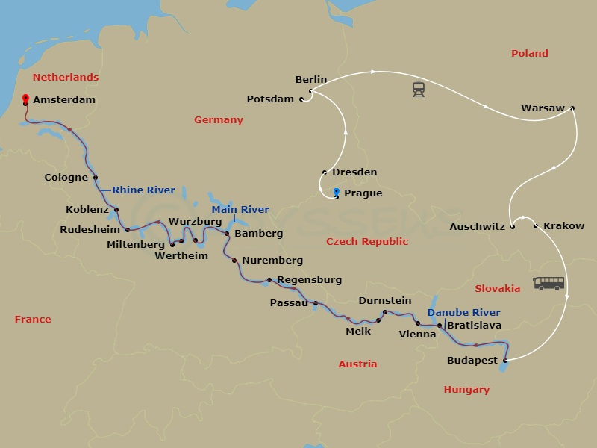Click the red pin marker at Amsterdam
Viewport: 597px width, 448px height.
[25, 99]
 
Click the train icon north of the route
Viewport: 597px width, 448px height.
[419, 90]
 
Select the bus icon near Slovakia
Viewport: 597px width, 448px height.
[548, 283]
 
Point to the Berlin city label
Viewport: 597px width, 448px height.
[311, 79]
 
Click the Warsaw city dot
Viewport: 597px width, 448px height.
[572, 108]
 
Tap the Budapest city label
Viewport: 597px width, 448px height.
[472, 361]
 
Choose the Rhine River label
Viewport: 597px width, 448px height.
[143, 190]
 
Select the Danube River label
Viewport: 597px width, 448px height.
[463, 312]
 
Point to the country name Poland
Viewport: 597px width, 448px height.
[529, 53]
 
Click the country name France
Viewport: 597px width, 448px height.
[33, 319]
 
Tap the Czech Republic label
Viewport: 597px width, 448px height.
[367, 241]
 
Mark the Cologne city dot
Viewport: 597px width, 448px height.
[96, 178]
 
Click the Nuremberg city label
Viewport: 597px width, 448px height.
[273, 261]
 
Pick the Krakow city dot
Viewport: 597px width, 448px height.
[537, 225]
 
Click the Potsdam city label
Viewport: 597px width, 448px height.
[272, 99]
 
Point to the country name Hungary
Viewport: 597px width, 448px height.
[466, 389]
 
